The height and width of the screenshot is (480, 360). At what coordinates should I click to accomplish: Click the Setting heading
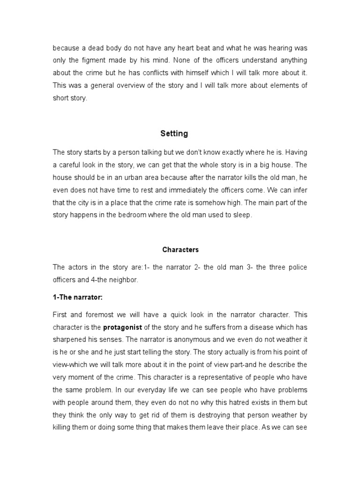point(173,134)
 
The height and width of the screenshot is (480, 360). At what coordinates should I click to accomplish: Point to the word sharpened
point(70,339)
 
